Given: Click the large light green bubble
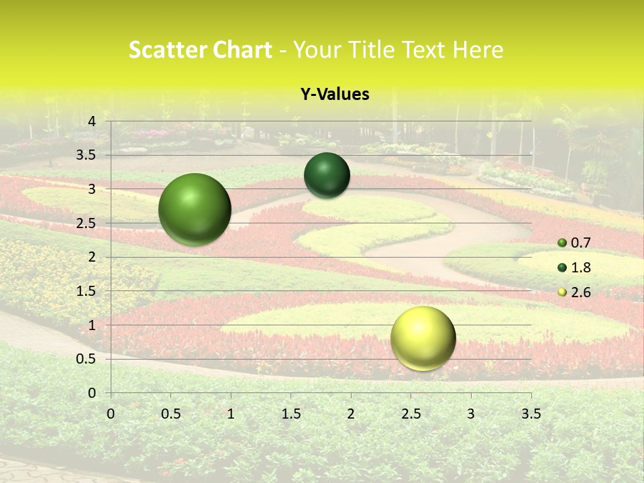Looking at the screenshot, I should (x=195, y=209).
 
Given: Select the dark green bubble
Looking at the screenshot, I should (x=327, y=175).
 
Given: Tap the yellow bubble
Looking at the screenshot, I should (x=423, y=338).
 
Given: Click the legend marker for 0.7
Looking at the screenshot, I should (x=562, y=243).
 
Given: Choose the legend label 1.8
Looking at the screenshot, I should (x=581, y=268).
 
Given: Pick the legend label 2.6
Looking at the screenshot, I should (x=581, y=292).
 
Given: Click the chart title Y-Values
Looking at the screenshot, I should (x=334, y=95).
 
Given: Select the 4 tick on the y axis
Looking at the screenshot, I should (x=92, y=121).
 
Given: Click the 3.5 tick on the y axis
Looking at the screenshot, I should (x=87, y=155).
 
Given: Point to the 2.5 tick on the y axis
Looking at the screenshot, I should (x=87, y=223).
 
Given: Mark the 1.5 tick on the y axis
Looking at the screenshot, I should (x=87, y=291).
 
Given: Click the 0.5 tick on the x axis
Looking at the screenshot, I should (x=170, y=413).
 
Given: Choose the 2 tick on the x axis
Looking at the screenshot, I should (x=351, y=413).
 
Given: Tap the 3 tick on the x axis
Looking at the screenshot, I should (x=471, y=413).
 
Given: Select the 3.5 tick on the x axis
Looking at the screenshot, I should (x=531, y=413).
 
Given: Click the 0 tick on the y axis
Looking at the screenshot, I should (x=92, y=393).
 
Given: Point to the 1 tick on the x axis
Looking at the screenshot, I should (x=231, y=413).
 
